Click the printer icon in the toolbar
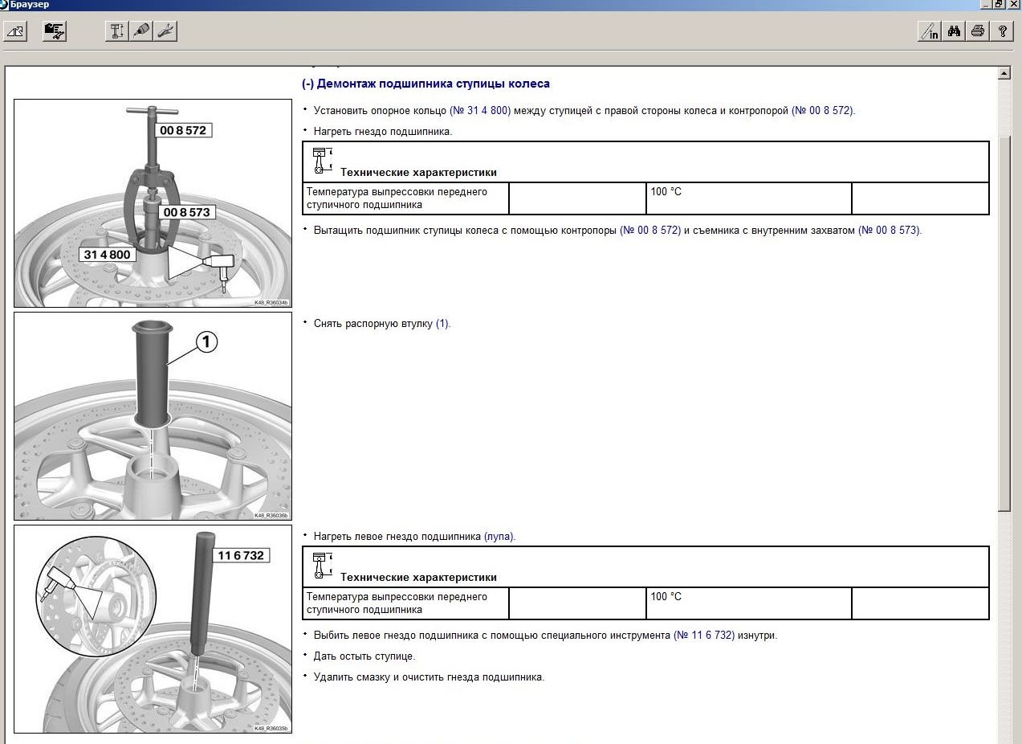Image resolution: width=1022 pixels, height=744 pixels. pos(977,31)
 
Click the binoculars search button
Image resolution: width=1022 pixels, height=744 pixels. pos(954,31)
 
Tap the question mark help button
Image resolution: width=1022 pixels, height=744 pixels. pos(1002,31)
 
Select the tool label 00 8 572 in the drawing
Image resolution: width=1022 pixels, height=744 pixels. pos(183,130)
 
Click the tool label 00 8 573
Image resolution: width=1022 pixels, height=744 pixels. pos(186,212)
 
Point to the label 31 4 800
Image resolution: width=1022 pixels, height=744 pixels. pos(108,255)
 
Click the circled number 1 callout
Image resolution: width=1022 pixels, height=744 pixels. pos(206,341)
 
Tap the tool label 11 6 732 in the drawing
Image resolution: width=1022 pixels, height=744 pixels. pos(241,555)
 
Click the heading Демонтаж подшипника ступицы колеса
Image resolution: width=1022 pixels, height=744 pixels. pos(433,84)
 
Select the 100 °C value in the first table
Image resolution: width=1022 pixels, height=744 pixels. pos(666,191)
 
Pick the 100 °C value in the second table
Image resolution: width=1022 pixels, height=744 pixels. pos(666,596)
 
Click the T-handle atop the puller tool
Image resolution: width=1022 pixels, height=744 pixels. pos(152,111)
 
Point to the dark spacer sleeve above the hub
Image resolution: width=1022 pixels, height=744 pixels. pos(152,373)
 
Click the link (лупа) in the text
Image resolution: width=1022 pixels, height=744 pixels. pos(499,536)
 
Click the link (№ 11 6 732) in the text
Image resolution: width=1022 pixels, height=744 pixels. pos(704,635)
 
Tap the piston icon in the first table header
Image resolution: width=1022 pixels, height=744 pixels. pos(322,161)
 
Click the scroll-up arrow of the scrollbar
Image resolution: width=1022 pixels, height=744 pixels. pos(1004,73)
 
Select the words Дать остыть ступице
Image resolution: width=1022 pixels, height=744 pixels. pos(364,656)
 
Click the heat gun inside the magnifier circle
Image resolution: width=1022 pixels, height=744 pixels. pos(58,580)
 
